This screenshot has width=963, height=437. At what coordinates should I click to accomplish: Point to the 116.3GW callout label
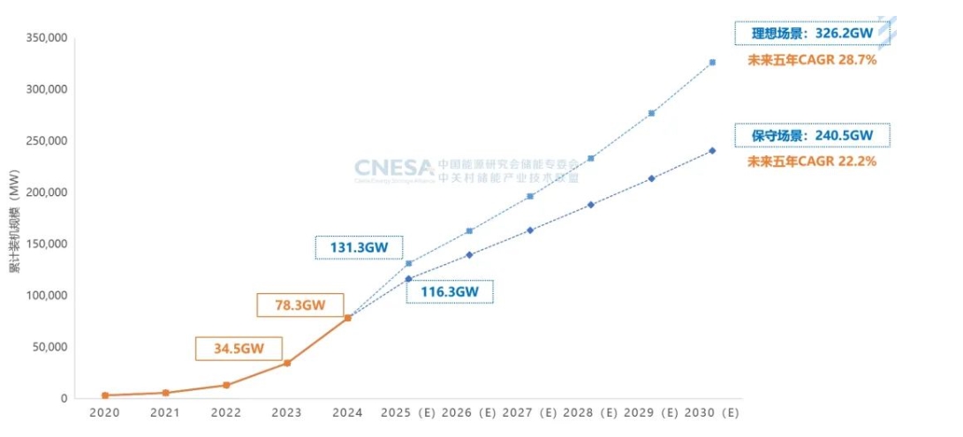(x=450, y=291)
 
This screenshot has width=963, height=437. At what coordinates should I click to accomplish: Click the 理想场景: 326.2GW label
(x=812, y=34)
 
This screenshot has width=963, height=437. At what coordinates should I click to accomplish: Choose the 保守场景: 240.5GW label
(x=812, y=136)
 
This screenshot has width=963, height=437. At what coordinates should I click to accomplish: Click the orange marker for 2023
(x=287, y=363)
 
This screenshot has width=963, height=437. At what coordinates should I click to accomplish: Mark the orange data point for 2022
(x=226, y=385)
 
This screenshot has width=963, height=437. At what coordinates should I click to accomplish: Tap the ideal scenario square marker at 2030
(x=712, y=63)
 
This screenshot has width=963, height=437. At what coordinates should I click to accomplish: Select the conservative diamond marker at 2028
(x=590, y=205)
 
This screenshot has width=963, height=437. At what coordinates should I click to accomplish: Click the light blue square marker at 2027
(x=530, y=196)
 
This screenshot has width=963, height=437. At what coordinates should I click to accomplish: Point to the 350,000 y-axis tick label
(x=46, y=38)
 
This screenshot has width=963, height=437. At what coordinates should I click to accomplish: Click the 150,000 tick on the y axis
(x=46, y=244)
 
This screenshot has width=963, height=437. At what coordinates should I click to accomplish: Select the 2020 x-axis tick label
(x=105, y=412)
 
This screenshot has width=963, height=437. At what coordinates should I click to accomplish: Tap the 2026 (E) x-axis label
(x=469, y=412)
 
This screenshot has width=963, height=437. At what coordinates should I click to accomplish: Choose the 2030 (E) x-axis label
(x=711, y=412)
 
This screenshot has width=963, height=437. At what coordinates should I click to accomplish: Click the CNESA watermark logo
(x=394, y=168)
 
